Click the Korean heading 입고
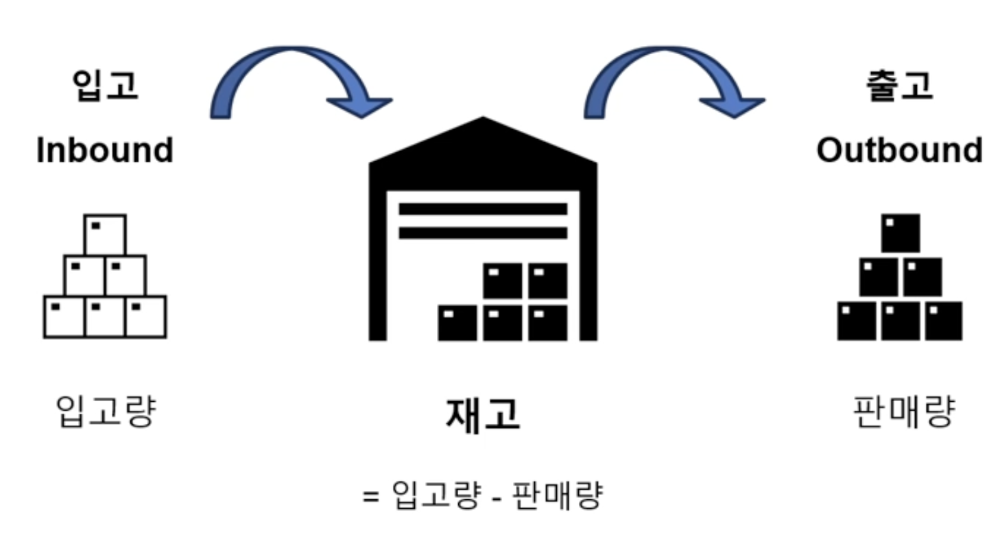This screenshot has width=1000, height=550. click(x=104, y=85)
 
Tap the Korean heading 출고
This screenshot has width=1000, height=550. click(x=898, y=85)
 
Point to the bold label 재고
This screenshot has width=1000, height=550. click(x=483, y=414)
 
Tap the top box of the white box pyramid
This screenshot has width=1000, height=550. click(x=105, y=235)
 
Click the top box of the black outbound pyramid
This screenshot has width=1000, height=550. click(x=900, y=233)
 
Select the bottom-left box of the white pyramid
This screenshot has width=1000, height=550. click(x=64, y=317)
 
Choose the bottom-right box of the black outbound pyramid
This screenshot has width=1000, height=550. click(x=943, y=320)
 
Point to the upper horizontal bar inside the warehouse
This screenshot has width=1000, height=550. click(x=483, y=208)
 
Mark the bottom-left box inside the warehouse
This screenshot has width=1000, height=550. click(x=457, y=322)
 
